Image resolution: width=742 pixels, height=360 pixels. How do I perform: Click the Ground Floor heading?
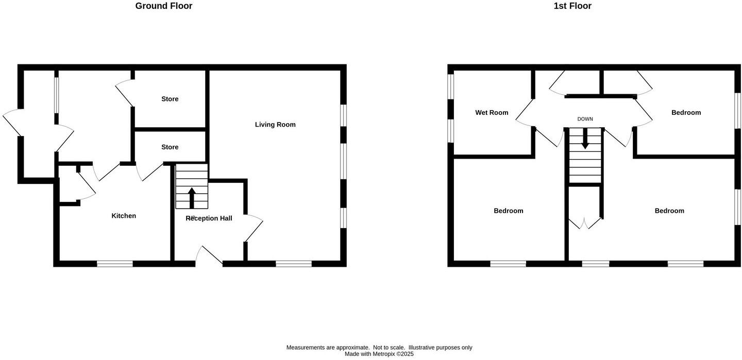[163, 6]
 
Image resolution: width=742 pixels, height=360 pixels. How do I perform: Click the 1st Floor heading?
[572, 6]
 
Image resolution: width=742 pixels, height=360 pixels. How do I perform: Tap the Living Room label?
[275, 125]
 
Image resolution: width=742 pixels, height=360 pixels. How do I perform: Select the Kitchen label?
[124, 216]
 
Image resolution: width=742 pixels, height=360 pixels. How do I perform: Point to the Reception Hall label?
[209, 218]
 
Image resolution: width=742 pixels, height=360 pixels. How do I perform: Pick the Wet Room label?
[492, 113]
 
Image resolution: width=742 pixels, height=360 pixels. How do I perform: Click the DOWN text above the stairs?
[585, 119]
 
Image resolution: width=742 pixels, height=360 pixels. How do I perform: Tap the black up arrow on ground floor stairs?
[192, 197]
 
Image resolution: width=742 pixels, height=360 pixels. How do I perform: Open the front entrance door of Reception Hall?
[209, 255]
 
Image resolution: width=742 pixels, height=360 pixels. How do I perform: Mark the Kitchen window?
[115, 264]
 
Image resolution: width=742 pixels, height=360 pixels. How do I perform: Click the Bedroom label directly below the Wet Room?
[508, 211]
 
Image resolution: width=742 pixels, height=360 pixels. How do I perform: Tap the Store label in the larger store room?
[170, 99]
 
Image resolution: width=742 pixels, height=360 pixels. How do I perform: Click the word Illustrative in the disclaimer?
[425, 348]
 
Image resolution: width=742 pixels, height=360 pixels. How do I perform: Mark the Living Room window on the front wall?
[294, 264]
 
